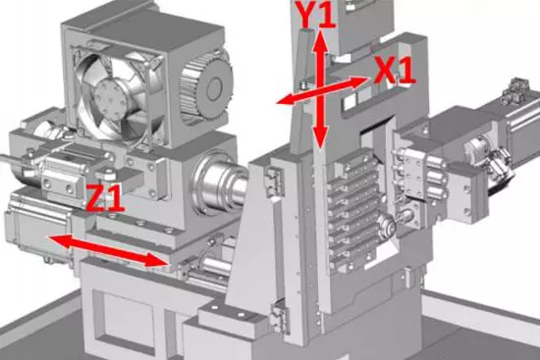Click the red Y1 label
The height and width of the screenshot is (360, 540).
click(x=317, y=15)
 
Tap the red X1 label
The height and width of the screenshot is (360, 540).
click(x=395, y=71)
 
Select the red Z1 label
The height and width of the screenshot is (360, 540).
click(x=105, y=198)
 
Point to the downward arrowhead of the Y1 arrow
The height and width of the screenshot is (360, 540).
click(x=320, y=136)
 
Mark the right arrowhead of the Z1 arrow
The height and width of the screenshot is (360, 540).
click(x=156, y=260)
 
